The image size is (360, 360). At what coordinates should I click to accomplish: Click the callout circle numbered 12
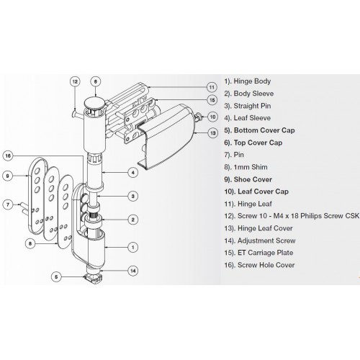coord(74,82)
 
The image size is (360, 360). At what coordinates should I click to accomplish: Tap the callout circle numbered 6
coord(97,82)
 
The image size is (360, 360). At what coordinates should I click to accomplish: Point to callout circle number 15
coord(212,100)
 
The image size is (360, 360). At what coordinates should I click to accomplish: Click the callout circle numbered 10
coord(212,115)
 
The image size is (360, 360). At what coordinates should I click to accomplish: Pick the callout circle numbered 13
coord(212,133)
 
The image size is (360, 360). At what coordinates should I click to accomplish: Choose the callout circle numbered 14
coord(132,271)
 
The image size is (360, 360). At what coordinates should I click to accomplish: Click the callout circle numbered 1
coord(132,247)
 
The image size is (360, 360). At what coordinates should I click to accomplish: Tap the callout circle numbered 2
coord(132,219)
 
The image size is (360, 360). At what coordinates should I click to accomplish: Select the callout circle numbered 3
coord(132,196)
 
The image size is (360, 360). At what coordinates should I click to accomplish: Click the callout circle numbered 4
coord(132,172)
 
